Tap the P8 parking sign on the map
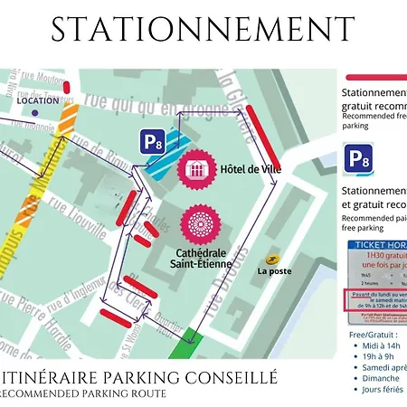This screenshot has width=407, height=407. click(x=153, y=140)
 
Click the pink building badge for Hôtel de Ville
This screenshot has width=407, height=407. click(x=195, y=169)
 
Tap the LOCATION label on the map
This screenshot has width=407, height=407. click(x=37, y=100)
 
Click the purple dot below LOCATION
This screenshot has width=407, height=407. click(x=34, y=114)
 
